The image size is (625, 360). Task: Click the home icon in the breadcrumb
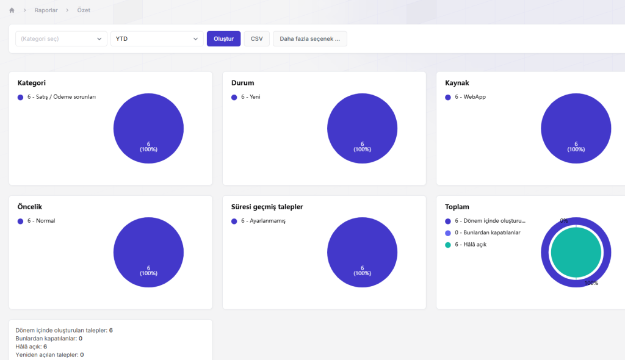tap(12, 10)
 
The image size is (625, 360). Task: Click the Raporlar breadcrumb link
tap(46, 10)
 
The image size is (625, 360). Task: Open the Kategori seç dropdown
tap(62, 38)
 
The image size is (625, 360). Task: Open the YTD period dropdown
tap(157, 38)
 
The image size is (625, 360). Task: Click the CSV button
tap(257, 38)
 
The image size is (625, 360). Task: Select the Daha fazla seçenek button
tap(309, 38)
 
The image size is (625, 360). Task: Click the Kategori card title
tap(32, 83)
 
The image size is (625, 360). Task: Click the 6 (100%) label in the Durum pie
tap(363, 146)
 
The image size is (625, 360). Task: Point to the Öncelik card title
tap(30, 207)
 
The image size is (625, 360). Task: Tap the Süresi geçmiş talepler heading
tap(267, 207)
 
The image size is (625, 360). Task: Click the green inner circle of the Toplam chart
tap(576, 253)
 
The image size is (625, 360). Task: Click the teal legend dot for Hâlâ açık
tap(448, 245)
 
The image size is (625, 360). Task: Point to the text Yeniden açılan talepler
tap(47, 355)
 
